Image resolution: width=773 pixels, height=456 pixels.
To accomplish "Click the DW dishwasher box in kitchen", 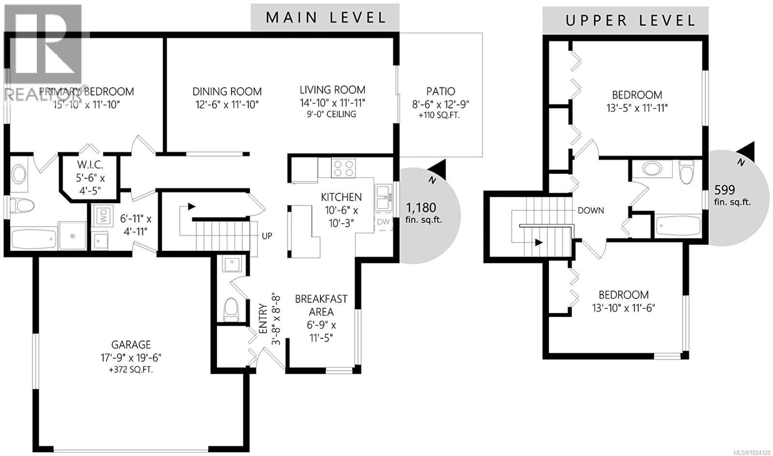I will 383,222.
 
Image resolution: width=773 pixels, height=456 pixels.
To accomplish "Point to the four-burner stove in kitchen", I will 343,168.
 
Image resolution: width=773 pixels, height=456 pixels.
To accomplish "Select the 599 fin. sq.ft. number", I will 724,190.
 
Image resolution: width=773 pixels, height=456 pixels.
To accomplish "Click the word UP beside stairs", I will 267,236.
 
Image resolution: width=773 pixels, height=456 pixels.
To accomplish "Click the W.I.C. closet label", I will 90,165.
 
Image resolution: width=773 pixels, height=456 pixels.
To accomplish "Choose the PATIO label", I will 440,92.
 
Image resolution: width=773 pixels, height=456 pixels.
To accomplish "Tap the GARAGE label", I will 131,345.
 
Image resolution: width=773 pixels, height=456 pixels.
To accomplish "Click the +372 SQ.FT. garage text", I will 131,370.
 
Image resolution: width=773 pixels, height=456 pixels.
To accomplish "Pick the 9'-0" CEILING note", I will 331,114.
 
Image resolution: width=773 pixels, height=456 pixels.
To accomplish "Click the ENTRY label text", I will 263,318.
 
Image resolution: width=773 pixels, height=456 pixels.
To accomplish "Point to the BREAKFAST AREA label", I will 321,305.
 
